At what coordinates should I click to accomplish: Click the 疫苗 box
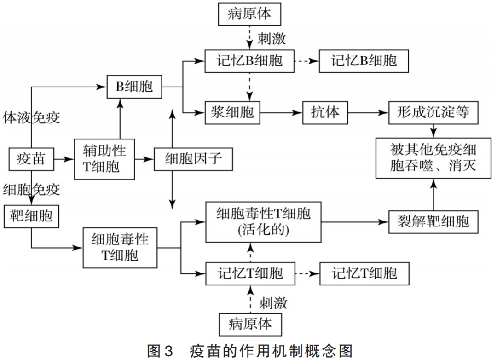pyautogui.click(x=31, y=159)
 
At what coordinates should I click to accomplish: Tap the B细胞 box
pyautogui.click(x=134, y=86)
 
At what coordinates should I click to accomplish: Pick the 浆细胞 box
pyautogui.click(x=233, y=112)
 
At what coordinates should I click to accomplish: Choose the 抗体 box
pyautogui.click(x=325, y=112)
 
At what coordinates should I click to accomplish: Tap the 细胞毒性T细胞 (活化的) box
pyautogui.click(x=264, y=222)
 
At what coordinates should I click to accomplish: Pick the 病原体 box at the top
pyautogui.click(x=249, y=14)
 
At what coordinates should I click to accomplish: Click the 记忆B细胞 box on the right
pyautogui.click(x=364, y=61)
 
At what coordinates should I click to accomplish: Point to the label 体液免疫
pyautogui.click(x=31, y=117)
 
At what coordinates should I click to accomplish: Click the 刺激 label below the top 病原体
pyautogui.click(x=272, y=38)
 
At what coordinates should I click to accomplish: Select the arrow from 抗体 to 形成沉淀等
pyautogui.click(x=368, y=112)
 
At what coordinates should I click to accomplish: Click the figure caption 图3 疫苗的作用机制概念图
pyautogui.click(x=249, y=351)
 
